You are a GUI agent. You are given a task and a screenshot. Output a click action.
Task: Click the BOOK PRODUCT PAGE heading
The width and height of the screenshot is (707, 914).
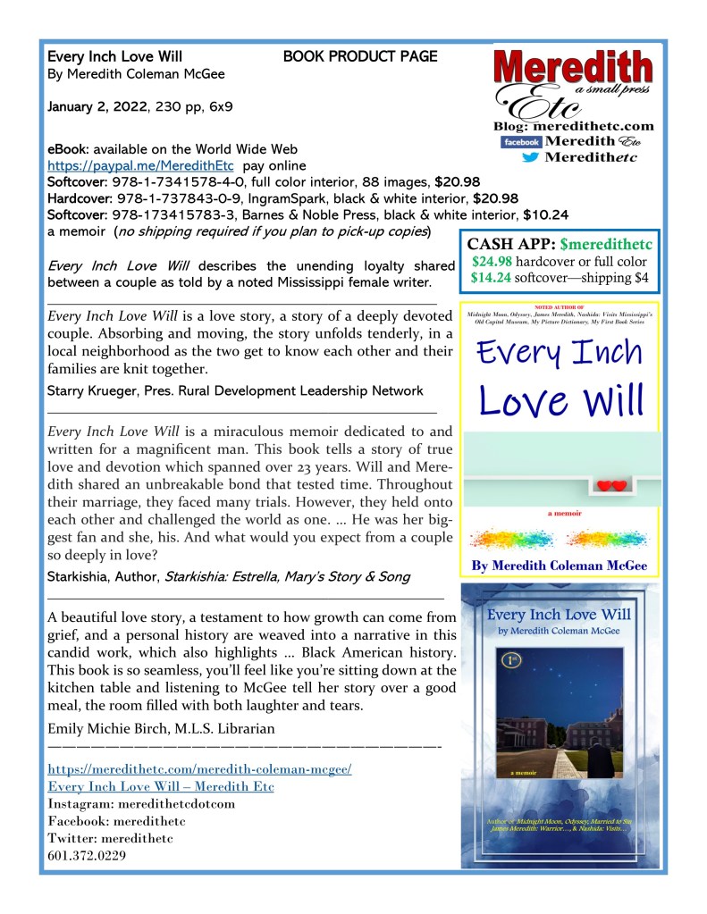[360, 56]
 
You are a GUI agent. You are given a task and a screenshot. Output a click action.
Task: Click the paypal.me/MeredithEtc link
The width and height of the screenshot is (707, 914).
[140, 166]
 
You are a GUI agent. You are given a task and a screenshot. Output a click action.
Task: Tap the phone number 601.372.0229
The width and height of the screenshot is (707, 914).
[86, 855]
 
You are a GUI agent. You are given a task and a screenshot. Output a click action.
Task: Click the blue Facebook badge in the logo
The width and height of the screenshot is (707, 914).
[521, 142]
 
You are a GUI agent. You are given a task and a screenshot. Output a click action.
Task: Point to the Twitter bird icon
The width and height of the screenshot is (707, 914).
[530, 157]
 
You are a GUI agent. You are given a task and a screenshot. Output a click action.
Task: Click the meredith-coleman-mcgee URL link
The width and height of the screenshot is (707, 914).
[199, 769]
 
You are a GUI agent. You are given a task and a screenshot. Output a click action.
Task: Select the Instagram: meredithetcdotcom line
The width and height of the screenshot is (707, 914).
[141, 803]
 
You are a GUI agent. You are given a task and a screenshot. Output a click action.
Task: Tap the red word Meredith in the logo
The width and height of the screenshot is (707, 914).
[573, 69]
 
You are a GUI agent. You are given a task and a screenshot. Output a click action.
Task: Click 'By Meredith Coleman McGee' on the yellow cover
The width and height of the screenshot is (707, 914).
[559, 566]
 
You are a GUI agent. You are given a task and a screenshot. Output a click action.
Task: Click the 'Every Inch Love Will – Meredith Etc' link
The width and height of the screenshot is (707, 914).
[160, 786]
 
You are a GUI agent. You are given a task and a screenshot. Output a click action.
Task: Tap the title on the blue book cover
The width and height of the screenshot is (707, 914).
[559, 614]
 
